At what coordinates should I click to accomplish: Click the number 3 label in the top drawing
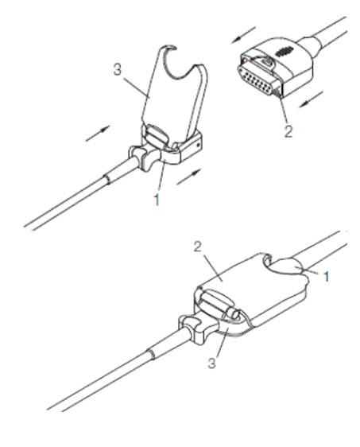point(117,69)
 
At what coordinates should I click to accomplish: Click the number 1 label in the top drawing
point(157,200)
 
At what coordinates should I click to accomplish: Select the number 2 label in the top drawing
point(288,132)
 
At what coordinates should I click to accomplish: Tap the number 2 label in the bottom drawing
point(198,247)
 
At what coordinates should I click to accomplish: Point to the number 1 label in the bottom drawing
point(327,276)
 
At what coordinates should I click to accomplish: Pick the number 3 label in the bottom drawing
point(211,363)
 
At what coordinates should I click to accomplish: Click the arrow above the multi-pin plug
point(243,35)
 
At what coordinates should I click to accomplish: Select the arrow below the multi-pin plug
point(311,99)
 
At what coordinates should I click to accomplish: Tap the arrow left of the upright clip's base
point(98,134)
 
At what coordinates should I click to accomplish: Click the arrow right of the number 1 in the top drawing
point(189,177)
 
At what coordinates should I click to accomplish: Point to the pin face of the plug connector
point(256,80)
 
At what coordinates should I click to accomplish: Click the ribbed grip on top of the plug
point(284,52)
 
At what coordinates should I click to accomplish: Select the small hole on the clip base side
point(198,145)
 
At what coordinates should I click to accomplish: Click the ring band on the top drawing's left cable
point(106,180)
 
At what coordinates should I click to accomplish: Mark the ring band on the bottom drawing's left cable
point(152,354)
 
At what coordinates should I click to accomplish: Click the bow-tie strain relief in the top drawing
point(145,157)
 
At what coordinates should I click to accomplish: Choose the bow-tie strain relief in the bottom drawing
point(196,328)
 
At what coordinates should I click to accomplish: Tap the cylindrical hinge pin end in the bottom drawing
point(234,314)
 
